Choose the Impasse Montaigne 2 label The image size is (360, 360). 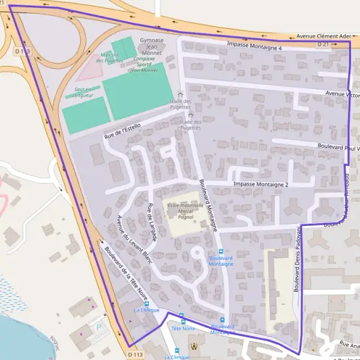[260, 184]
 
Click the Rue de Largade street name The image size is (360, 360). [151, 223]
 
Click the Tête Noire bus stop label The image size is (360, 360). [184, 328]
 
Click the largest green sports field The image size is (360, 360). [137, 90]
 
